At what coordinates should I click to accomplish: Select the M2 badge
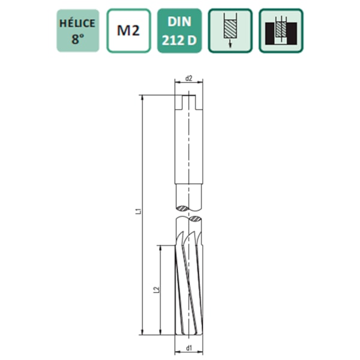[x=128, y=30]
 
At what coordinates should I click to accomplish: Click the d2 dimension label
[x=188, y=78]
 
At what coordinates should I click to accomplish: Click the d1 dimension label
[x=188, y=348]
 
